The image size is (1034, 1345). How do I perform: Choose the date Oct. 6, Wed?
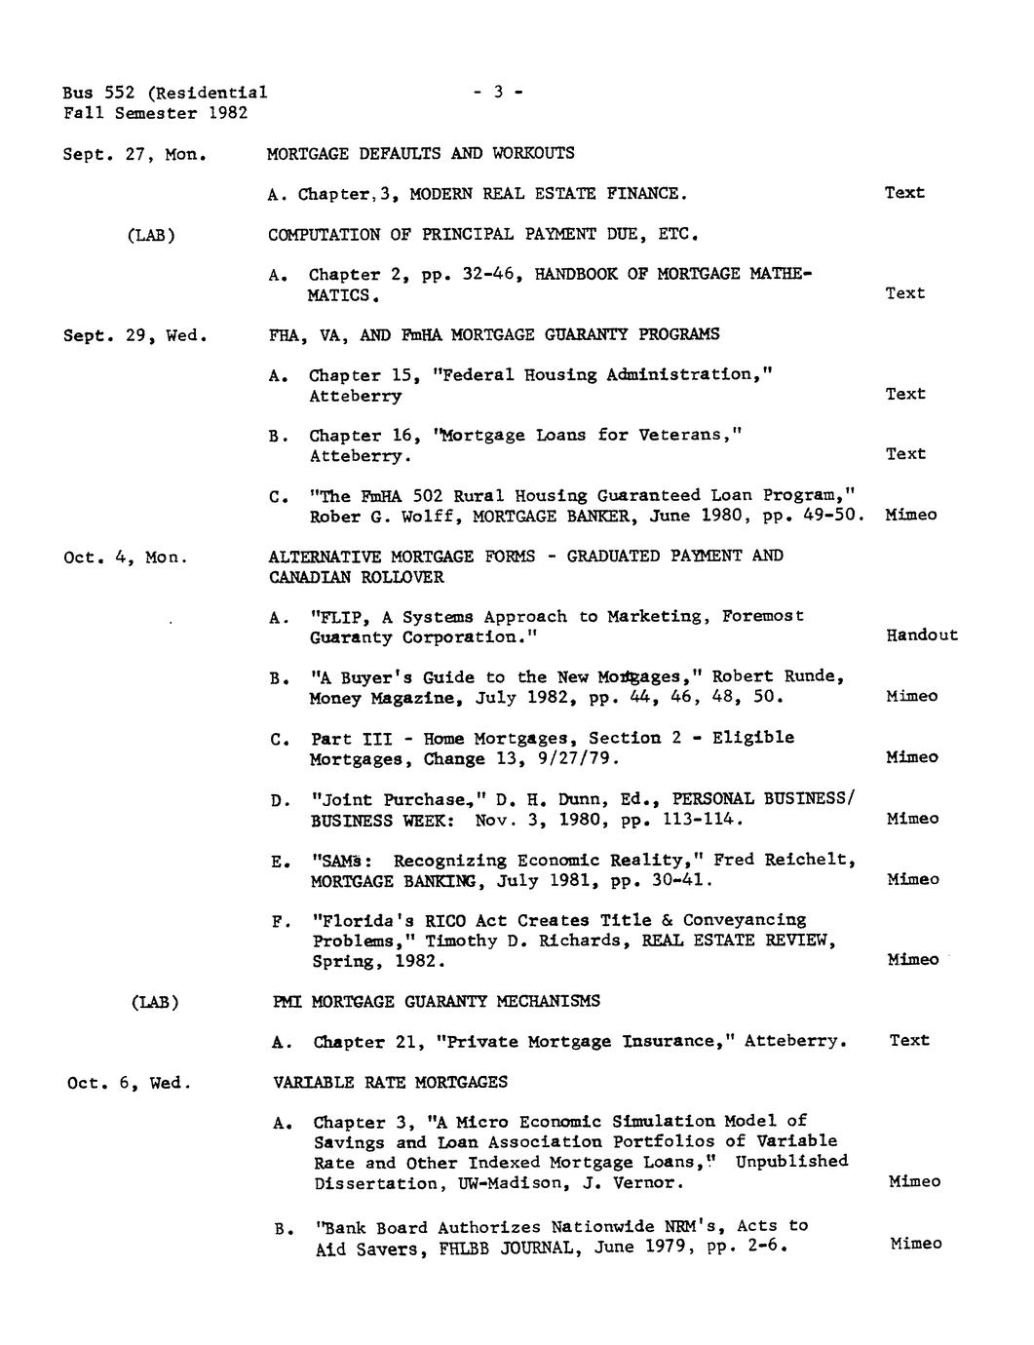point(129,1083)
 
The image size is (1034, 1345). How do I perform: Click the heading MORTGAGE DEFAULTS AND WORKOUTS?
point(421,154)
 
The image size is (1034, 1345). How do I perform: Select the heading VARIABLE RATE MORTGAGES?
point(390,1082)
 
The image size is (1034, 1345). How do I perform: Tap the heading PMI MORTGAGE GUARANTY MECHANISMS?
point(437,1001)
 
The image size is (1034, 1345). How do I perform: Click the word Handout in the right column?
point(922,635)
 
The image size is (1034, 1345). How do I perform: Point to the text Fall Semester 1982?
point(155,114)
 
